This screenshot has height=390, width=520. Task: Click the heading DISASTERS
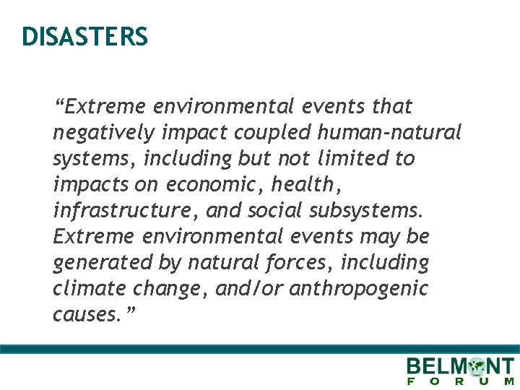(x=84, y=36)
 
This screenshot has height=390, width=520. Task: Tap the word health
(x=303, y=185)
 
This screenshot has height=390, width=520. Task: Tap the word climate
(x=89, y=289)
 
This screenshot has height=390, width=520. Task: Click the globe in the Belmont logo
(x=477, y=367)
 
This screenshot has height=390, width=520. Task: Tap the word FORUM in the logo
(x=461, y=381)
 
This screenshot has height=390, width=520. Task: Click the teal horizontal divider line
(x=260, y=348)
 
